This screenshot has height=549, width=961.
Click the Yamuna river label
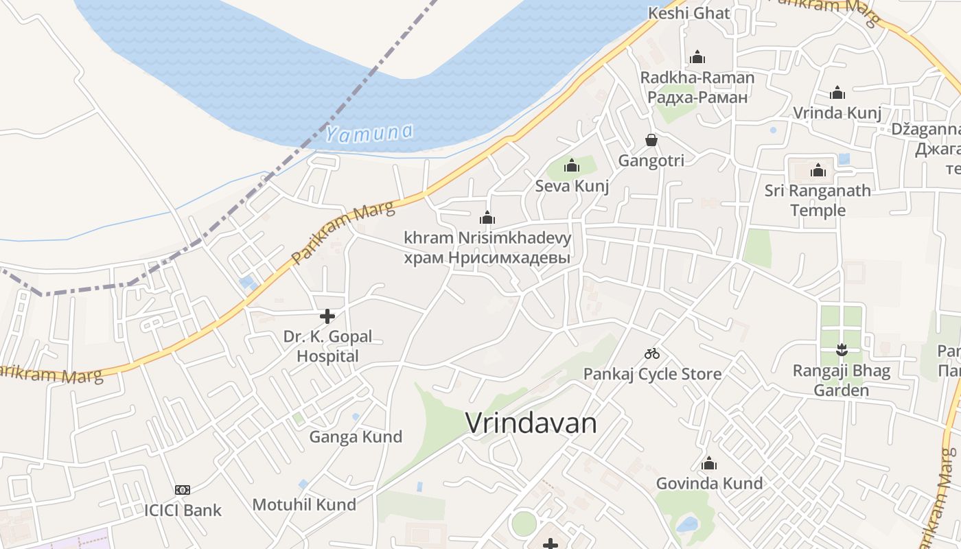[369, 132]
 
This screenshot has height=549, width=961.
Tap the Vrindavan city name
[531, 423]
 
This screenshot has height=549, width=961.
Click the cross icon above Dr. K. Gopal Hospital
[327, 316]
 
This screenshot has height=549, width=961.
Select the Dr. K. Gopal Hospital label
[327, 347]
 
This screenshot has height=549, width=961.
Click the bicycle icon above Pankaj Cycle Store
[652, 354]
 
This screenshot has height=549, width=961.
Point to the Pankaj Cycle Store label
[652, 374]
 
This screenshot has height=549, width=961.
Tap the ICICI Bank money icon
[183, 490]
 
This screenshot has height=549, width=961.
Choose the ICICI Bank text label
[183, 510]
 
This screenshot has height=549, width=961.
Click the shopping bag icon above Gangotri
[651, 141]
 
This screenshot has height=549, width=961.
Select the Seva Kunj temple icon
[572, 165]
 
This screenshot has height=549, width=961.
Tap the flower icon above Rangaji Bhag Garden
[842, 351]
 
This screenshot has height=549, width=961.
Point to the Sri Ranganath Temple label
[818, 200]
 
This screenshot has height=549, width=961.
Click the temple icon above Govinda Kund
[709, 464]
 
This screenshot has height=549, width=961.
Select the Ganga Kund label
[356, 437]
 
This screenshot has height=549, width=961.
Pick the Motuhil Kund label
[304, 505]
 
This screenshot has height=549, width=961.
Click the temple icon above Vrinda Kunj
[837, 93]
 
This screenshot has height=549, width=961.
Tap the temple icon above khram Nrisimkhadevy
[487, 218]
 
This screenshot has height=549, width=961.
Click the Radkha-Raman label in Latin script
[697, 78]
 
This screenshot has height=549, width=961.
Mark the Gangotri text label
[651, 161]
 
